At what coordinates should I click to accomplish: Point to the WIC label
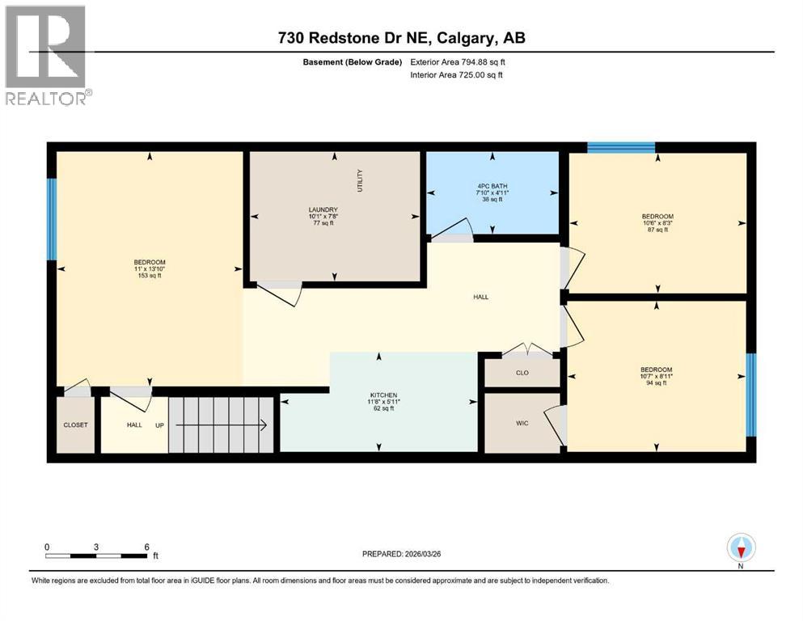pos(522,423)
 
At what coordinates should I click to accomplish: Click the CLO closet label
pos(522,374)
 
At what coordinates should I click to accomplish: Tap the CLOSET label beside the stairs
pos(75,425)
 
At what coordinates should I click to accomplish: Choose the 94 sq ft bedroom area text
pos(657,383)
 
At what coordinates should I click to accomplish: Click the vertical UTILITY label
pos(361,180)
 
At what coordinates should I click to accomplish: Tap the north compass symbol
pos(741,549)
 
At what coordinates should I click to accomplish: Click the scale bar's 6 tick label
pos(146,547)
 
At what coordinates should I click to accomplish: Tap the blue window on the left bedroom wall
pos(52,218)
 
